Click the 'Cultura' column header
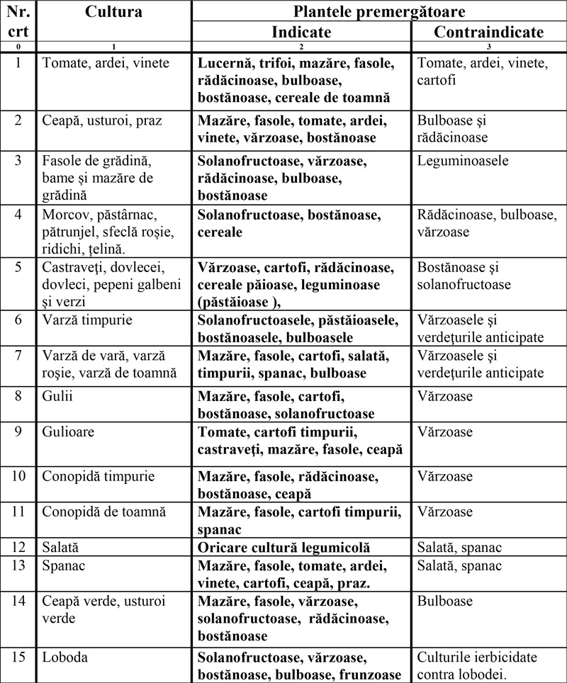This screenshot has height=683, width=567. click(114, 12)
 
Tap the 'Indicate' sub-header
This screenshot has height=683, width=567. click(301, 33)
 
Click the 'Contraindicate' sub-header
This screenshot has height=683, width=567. click(489, 33)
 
